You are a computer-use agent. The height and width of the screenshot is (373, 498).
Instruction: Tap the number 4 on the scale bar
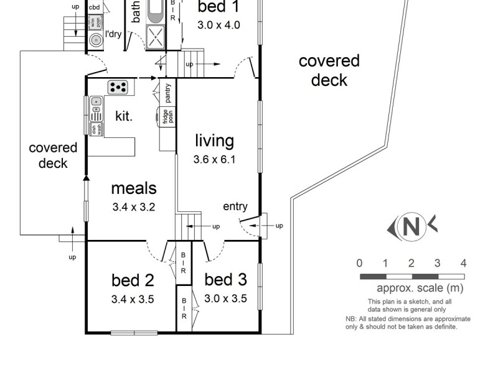click(463, 263)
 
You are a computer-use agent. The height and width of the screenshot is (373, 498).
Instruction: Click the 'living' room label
click(214, 140)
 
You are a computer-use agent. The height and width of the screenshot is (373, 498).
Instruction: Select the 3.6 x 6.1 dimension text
click(214, 159)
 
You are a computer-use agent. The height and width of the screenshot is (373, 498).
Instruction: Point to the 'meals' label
click(134, 188)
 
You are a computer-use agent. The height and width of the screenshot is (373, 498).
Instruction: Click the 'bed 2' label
click(133, 280)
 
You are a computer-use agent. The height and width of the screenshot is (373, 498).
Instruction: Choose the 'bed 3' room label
click(225, 280)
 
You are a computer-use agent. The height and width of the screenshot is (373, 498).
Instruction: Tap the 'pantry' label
click(168, 93)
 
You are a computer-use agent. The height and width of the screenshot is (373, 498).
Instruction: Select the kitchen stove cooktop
click(118, 86)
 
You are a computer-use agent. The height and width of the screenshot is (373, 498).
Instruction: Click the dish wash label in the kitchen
click(96, 130)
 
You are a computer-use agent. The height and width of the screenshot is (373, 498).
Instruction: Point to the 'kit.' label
click(124, 116)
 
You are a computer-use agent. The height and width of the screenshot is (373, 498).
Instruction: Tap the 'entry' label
click(235, 207)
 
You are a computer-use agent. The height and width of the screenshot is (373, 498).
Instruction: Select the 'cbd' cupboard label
click(95, 7)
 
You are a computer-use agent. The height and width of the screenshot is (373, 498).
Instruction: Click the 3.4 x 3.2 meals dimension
click(134, 206)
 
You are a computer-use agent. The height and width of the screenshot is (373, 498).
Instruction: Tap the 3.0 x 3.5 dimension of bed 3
click(225, 298)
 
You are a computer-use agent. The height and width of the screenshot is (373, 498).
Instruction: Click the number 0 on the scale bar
click(360, 263)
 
